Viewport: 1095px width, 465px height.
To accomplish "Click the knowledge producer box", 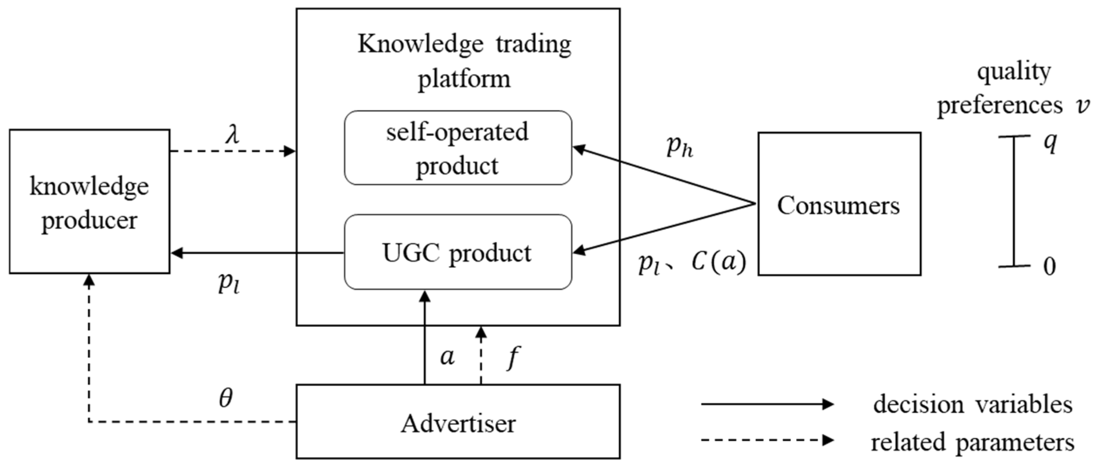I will point(89,202).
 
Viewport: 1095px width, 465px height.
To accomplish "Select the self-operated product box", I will point(458,148).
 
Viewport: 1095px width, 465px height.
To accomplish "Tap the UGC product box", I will point(458,252).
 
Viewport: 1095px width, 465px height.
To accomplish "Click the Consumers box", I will point(839,204).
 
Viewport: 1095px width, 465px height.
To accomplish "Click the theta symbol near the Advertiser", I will point(226,398).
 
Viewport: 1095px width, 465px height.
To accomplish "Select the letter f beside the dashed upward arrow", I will point(513,357).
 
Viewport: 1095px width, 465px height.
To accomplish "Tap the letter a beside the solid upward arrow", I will point(447,357).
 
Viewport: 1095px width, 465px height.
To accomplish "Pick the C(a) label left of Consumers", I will point(718,262).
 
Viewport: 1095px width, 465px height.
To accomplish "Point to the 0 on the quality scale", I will point(1050,267).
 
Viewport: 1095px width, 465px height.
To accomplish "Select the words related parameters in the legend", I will point(973,442).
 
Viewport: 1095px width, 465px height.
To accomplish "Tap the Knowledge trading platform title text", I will point(464,62).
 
